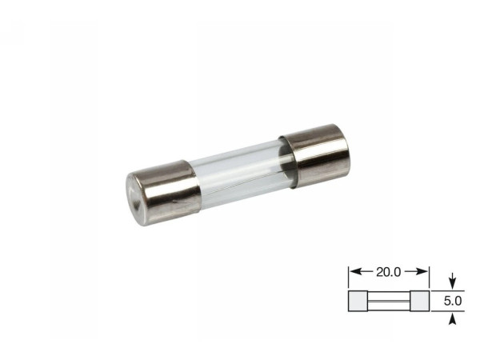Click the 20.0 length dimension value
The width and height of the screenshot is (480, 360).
[x=388, y=272]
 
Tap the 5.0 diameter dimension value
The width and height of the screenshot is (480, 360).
[x=453, y=301]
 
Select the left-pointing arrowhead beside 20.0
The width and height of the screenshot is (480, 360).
[x=355, y=271]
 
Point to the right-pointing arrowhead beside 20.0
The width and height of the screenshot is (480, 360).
[x=422, y=271]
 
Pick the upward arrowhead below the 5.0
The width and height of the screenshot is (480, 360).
[x=453, y=319]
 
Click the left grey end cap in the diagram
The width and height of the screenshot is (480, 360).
[x=358, y=302]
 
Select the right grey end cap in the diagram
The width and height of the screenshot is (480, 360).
[x=420, y=302]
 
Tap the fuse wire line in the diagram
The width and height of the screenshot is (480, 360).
[x=389, y=302]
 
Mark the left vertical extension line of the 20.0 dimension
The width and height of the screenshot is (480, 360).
[x=348, y=278]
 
